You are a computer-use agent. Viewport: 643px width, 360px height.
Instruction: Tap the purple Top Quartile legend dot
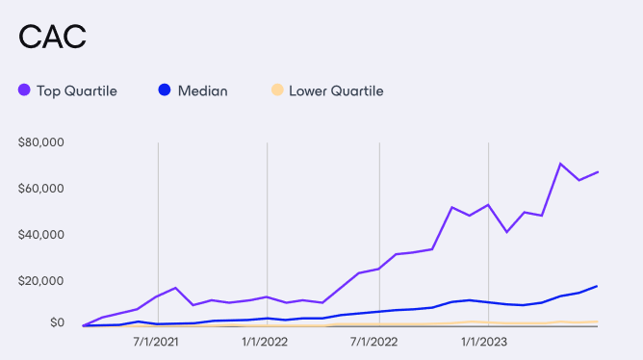[x=24, y=90]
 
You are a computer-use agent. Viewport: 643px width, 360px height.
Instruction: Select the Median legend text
[x=202, y=90]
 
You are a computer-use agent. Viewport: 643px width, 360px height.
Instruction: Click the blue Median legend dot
[x=164, y=90]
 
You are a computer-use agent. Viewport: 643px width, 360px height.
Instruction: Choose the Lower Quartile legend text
[x=336, y=90]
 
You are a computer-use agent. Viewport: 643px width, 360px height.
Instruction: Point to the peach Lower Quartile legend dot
[x=276, y=90]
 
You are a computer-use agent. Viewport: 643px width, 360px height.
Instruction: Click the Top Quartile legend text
[x=76, y=90]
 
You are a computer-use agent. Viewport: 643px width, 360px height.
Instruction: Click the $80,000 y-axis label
[x=40, y=142]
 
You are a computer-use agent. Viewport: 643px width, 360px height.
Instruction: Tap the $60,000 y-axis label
[x=40, y=188]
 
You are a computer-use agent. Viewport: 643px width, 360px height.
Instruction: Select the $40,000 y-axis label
[x=40, y=234]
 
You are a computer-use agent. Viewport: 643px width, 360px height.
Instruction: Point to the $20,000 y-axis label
[x=40, y=280]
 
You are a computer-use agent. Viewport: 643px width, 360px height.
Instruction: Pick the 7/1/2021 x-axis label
[x=157, y=341]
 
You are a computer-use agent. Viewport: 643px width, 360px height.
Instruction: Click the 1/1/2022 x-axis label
[x=266, y=341]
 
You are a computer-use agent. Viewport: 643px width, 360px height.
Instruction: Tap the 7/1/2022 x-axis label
[x=373, y=341]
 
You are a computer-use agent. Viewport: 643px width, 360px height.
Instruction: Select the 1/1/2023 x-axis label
[x=483, y=341]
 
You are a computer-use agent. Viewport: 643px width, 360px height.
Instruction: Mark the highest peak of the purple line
[x=560, y=164]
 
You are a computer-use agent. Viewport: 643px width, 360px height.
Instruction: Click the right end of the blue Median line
[x=598, y=286]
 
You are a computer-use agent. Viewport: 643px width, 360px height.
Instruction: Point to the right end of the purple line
[x=598, y=172]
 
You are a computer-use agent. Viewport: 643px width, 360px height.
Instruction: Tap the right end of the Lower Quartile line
[x=598, y=321]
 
